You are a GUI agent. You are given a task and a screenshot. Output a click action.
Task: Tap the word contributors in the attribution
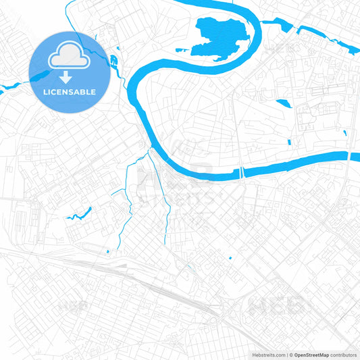343,354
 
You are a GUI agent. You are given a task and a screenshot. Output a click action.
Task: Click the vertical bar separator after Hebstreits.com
286,354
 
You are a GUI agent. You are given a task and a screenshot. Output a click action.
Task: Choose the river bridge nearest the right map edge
349,155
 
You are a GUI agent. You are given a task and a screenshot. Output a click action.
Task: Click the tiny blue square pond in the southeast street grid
230,258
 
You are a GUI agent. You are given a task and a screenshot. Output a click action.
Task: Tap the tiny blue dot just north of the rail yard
108,251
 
